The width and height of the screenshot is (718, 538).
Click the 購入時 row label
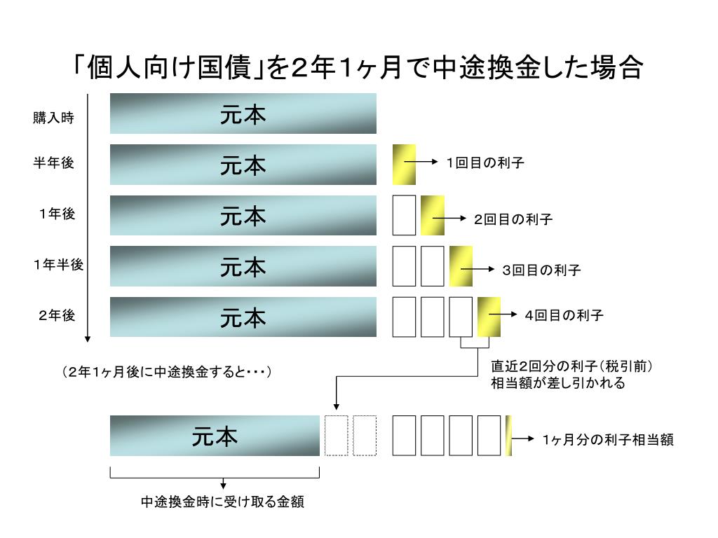(53, 118)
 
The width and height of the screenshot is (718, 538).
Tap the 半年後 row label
(53, 163)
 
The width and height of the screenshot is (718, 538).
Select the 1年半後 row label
(57, 265)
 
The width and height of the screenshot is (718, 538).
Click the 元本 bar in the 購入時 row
(243, 113)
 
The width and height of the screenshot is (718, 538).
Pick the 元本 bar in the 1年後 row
(243, 216)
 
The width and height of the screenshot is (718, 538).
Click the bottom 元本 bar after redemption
(215, 436)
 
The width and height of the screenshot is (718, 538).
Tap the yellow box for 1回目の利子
(404, 164)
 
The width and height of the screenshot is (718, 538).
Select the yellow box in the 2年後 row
(489, 317)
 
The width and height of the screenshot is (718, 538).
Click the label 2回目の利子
(513, 219)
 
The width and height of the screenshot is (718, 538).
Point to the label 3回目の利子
(541, 270)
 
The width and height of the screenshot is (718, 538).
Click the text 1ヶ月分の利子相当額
(607, 439)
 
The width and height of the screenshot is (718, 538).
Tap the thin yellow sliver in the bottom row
(508, 436)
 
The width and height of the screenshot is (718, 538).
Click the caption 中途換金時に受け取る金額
(222, 502)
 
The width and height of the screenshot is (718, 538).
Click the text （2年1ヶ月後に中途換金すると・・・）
(166, 371)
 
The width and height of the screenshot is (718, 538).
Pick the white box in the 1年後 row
(404, 215)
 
